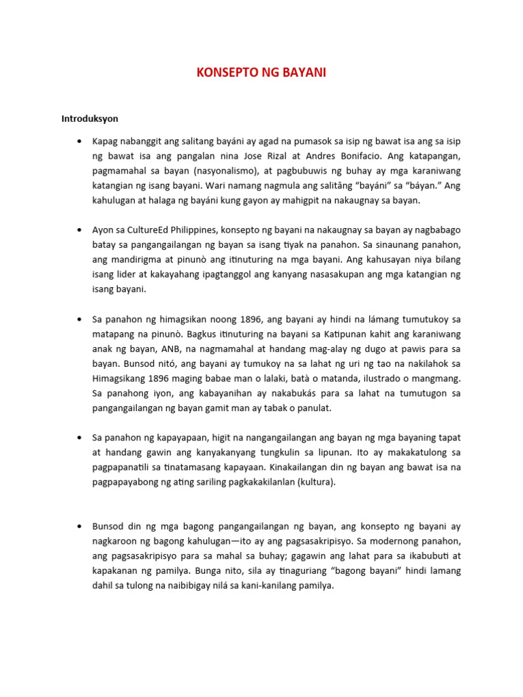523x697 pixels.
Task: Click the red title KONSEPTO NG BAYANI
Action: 261,73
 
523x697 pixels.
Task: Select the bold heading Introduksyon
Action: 90,118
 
